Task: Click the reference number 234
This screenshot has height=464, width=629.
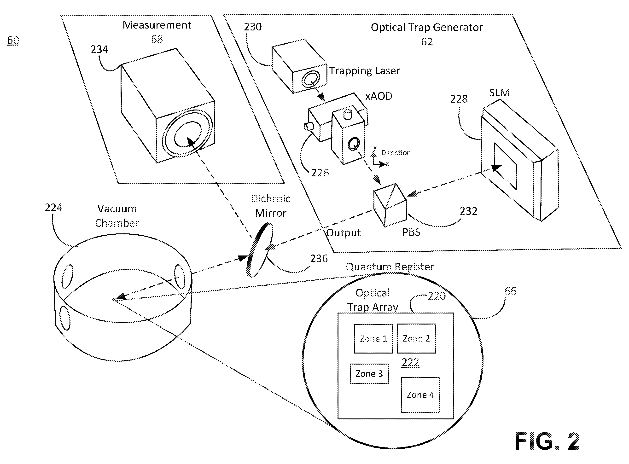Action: coord(99,49)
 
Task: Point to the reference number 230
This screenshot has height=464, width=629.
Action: coord(253,27)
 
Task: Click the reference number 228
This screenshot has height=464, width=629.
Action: coord(459,99)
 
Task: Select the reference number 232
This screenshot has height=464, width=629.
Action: coord(468,211)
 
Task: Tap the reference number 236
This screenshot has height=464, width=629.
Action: coord(319,258)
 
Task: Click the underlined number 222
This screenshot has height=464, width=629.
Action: coord(410,362)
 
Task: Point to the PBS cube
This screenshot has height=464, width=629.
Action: coord(390,205)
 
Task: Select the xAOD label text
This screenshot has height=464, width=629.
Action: coord(379,96)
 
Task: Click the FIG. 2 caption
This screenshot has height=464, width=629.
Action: coord(547,441)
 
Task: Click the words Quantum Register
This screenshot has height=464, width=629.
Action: coord(390,267)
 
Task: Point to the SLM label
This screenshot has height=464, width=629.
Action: coord(499,93)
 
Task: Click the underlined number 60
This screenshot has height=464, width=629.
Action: coord(13,40)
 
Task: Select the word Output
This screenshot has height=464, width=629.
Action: coord(343,233)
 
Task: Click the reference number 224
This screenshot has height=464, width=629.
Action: coord(53,208)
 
